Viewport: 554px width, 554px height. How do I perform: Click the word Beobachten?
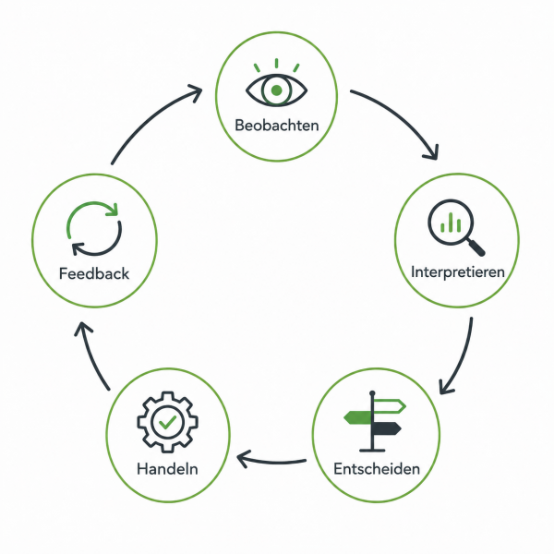[x=277, y=126]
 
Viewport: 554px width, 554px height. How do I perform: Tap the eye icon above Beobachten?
[x=277, y=84]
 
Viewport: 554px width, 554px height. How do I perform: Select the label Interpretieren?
[x=458, y=272]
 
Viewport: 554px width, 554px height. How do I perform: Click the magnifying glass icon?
[x=456, y=227]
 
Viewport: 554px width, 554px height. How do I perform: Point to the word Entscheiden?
[x=377, y=469]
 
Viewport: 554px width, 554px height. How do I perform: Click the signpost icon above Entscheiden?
[x=375, y=421]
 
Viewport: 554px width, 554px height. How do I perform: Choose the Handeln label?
[x=167, y=469]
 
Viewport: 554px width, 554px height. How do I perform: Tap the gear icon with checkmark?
[x=167, y=422]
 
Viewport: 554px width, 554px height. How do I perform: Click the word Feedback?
[x=94, y=274]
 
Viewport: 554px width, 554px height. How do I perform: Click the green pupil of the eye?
[x=277, y=90]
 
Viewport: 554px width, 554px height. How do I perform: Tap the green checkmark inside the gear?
[x=168, y=422]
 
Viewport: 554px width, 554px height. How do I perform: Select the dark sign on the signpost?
[x=387, y=428]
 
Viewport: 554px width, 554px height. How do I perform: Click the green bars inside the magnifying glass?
[x=451, y=223]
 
